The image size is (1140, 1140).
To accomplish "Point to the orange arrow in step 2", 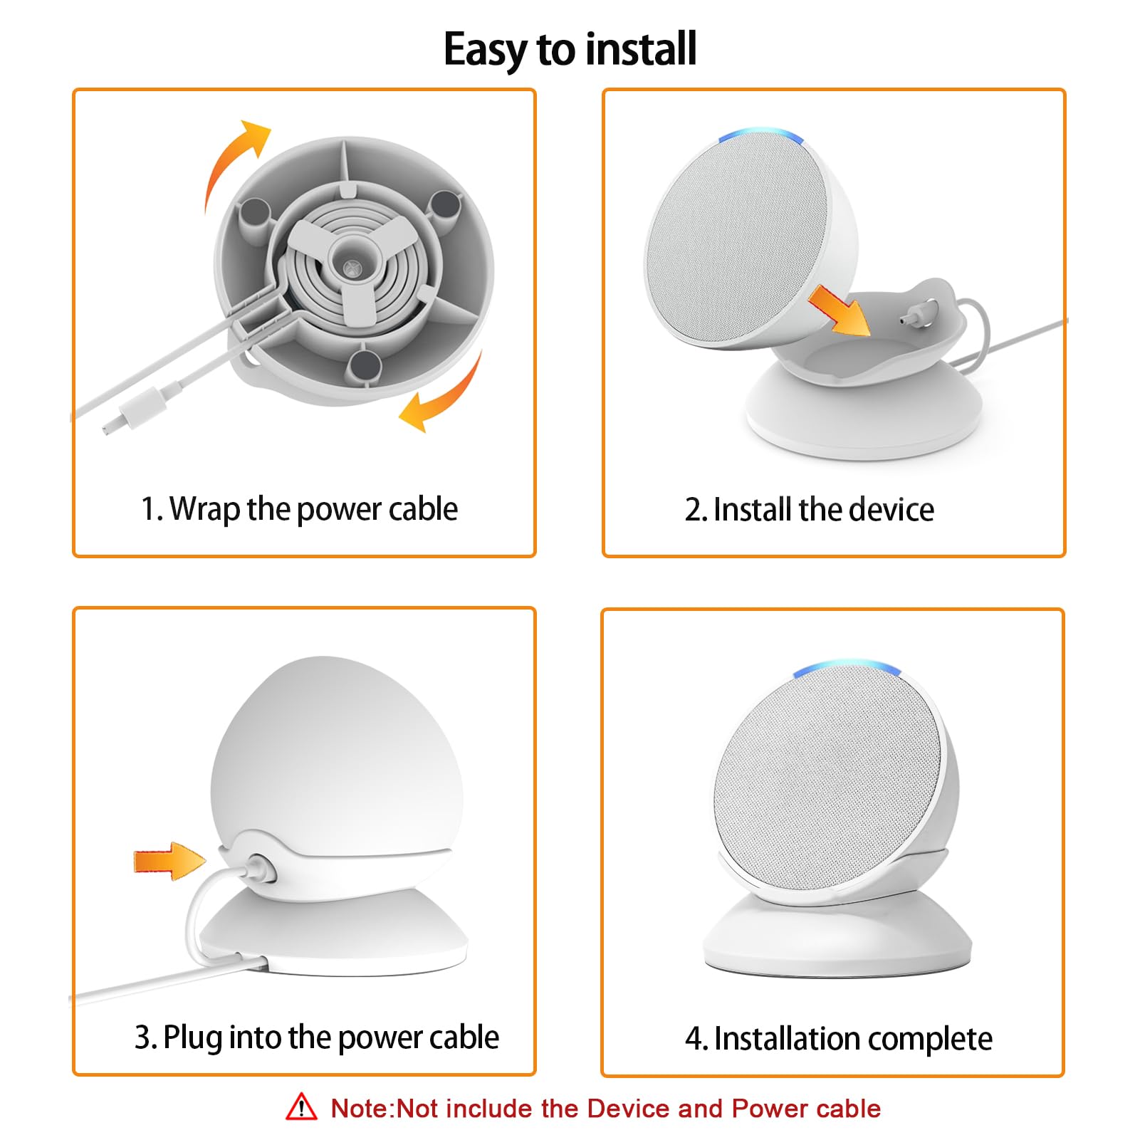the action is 840,309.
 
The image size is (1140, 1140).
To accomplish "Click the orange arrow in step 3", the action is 169,861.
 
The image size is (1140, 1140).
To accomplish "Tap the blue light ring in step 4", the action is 847,668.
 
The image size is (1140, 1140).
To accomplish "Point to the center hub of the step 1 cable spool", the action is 350,268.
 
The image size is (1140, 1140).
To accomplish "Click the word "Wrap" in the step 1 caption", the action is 205,509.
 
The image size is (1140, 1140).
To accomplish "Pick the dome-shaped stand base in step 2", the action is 864,413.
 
